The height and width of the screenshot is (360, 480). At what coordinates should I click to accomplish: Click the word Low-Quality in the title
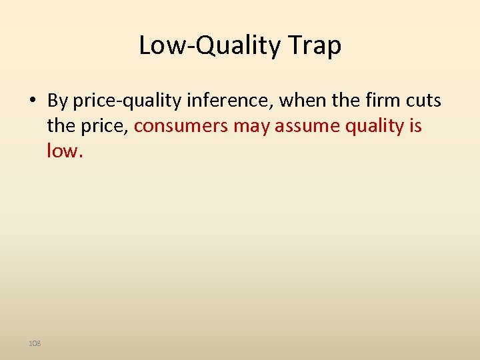click(211, 46)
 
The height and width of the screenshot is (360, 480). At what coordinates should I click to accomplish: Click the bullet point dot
click(32, 101)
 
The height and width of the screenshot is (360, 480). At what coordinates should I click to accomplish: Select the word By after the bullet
click(58, 101)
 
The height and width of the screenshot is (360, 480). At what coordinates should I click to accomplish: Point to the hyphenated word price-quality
click(127, 101)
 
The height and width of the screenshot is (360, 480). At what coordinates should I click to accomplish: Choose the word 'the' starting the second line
click(60, 125)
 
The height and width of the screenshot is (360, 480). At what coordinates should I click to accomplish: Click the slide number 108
click(35, 343)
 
